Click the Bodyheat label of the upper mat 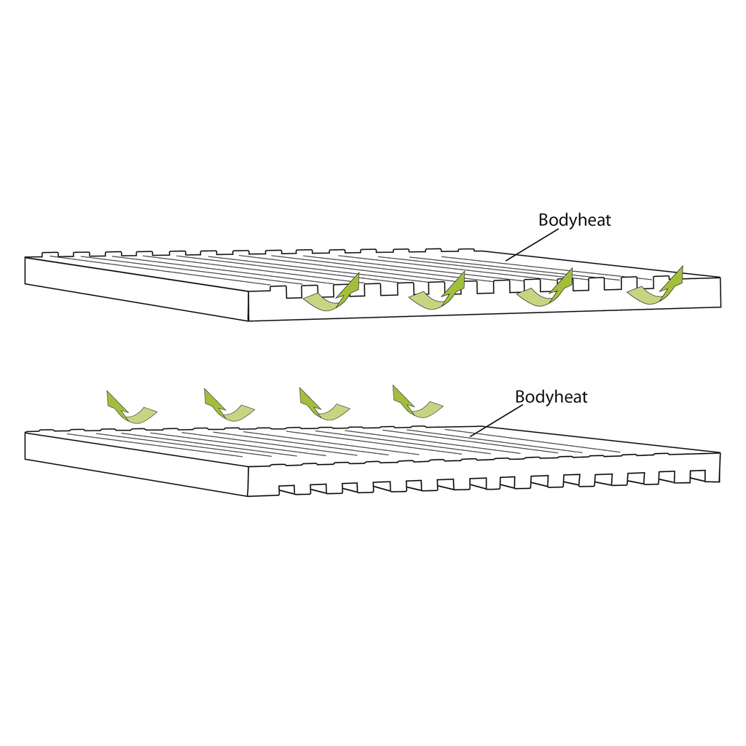click(574, 220)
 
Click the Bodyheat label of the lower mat click(551, 397)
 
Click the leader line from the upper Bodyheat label click(532, 245)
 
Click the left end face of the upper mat click(136, 288)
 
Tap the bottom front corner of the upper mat click(248, 321)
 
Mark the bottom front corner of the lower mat click(248, 496)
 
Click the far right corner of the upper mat click(720, 278)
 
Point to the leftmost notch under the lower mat click(286, 490)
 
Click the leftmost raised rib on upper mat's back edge click(50, 254)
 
